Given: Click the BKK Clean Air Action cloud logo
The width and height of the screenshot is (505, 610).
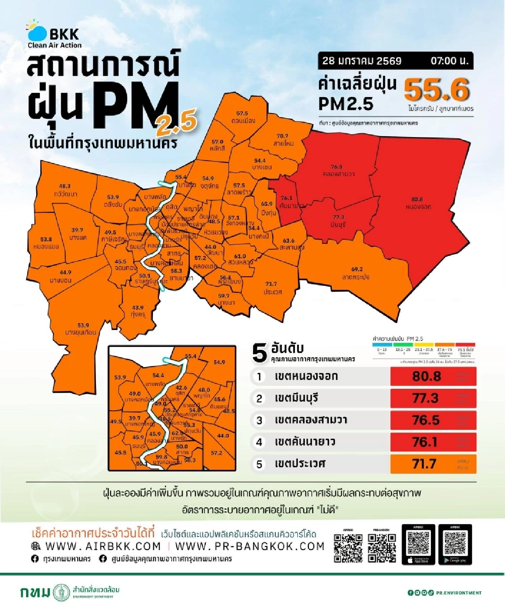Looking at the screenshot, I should click(x=37, y=31).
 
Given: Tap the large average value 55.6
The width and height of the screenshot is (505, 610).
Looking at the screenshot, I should click(x=436, y=90).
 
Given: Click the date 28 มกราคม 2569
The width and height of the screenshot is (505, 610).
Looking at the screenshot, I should click(x=362, y=61).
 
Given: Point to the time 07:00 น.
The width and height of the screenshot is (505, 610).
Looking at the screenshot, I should click(x=449, y=61).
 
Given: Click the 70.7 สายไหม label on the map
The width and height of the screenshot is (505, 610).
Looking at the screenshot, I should click(x=283, y=140).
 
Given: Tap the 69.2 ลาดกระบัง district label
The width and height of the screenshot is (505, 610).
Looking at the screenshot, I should click(x=356, y=273).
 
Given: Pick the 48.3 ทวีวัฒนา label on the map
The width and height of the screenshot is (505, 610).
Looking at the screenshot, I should click(x=65, y=190).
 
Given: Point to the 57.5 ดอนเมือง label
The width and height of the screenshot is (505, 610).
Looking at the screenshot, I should click(x=243, y=117).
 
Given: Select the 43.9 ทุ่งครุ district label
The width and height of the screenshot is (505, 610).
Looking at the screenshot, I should click(x=138, y=311).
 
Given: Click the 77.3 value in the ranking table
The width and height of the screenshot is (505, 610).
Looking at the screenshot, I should click(x=425, y=398).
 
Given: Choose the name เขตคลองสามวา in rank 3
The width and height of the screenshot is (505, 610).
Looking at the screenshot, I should click(x=311, y=420).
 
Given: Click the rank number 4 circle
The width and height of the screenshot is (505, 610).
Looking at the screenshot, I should click(x=259, y=442).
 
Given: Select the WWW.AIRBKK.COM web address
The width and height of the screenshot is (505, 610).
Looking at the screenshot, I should click(x=103, y=546).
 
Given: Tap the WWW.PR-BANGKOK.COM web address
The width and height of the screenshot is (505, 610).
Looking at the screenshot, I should click(x=250, y=546).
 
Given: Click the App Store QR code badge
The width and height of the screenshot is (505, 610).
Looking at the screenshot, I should click(x=418, y=544).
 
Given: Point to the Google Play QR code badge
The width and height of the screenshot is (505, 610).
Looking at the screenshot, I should click(x=455, y=544).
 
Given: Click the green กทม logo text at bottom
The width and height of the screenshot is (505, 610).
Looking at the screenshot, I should click(x=35, y=592).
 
